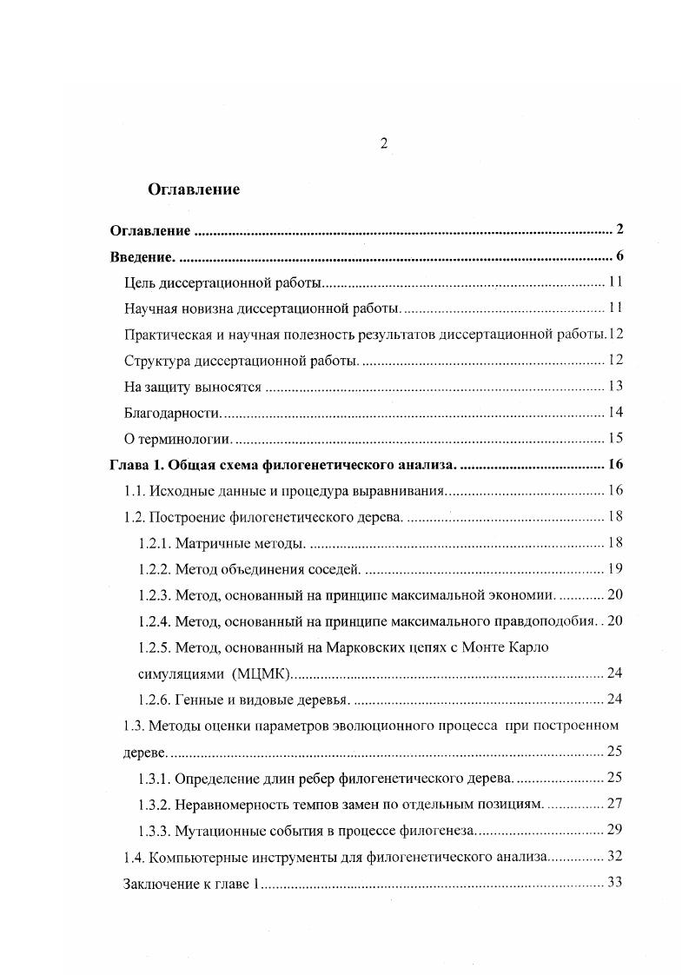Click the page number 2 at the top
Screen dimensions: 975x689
[x=383, y=144]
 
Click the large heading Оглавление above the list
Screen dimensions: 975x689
[x=194, y=189]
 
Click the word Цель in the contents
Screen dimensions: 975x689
[x=142, y=282]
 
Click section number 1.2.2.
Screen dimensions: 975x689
[x=154, y=568]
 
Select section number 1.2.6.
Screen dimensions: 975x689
[x=154, y=699]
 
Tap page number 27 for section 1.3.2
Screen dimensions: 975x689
[x=615, y=803]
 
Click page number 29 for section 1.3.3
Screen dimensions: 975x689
[x=615, y=829]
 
